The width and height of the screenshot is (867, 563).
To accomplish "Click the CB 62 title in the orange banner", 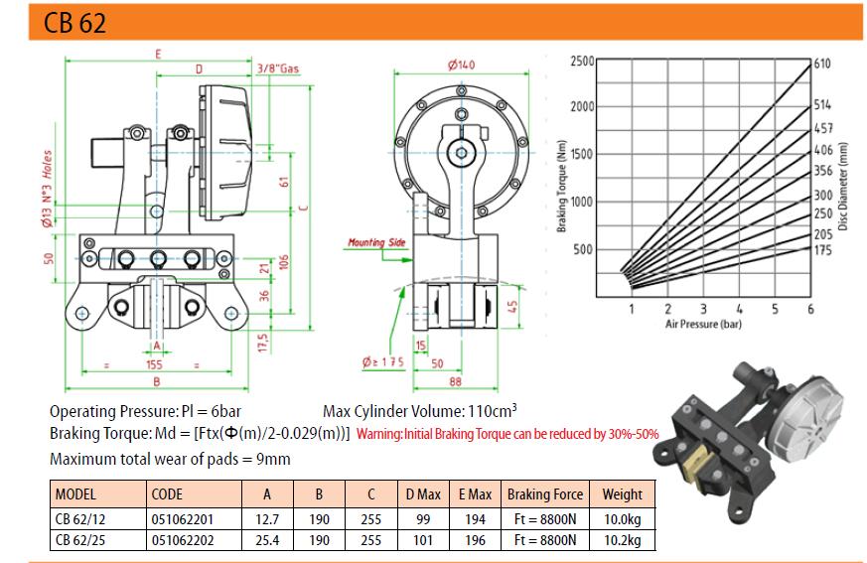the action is click(74, 23).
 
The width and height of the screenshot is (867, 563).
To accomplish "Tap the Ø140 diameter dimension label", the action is click(461, 66).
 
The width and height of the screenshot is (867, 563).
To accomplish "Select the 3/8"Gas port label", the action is click(277, 69).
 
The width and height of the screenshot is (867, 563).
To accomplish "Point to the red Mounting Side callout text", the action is click(376, 242).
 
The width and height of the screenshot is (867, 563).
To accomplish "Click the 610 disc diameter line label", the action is click(822, 64).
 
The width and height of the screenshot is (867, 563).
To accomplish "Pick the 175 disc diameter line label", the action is click(822, 250).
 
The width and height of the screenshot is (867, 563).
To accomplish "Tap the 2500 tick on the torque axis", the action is click(582, 61).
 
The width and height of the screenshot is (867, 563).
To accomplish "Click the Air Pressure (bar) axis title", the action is click(703, 324).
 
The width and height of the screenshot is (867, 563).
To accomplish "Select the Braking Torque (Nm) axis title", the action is click(562, 186).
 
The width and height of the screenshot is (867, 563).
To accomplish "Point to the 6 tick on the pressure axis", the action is click(810, 309).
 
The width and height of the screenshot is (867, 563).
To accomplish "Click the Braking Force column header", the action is click(545, 493).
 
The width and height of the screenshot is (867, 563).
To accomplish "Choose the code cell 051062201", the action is click(183, 519).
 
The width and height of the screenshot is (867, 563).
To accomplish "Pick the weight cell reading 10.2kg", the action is click(623, 540).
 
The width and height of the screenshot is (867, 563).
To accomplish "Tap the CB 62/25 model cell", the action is click(80, 540).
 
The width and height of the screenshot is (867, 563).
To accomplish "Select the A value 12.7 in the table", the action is click(267, 519).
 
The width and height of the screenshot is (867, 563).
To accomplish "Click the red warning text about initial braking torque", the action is click(507, 434).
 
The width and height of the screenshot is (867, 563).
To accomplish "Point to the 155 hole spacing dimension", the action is click(154, 365).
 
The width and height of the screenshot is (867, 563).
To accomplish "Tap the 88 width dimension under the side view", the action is click(455, 381).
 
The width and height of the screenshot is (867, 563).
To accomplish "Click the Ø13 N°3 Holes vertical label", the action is click(47, 188).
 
